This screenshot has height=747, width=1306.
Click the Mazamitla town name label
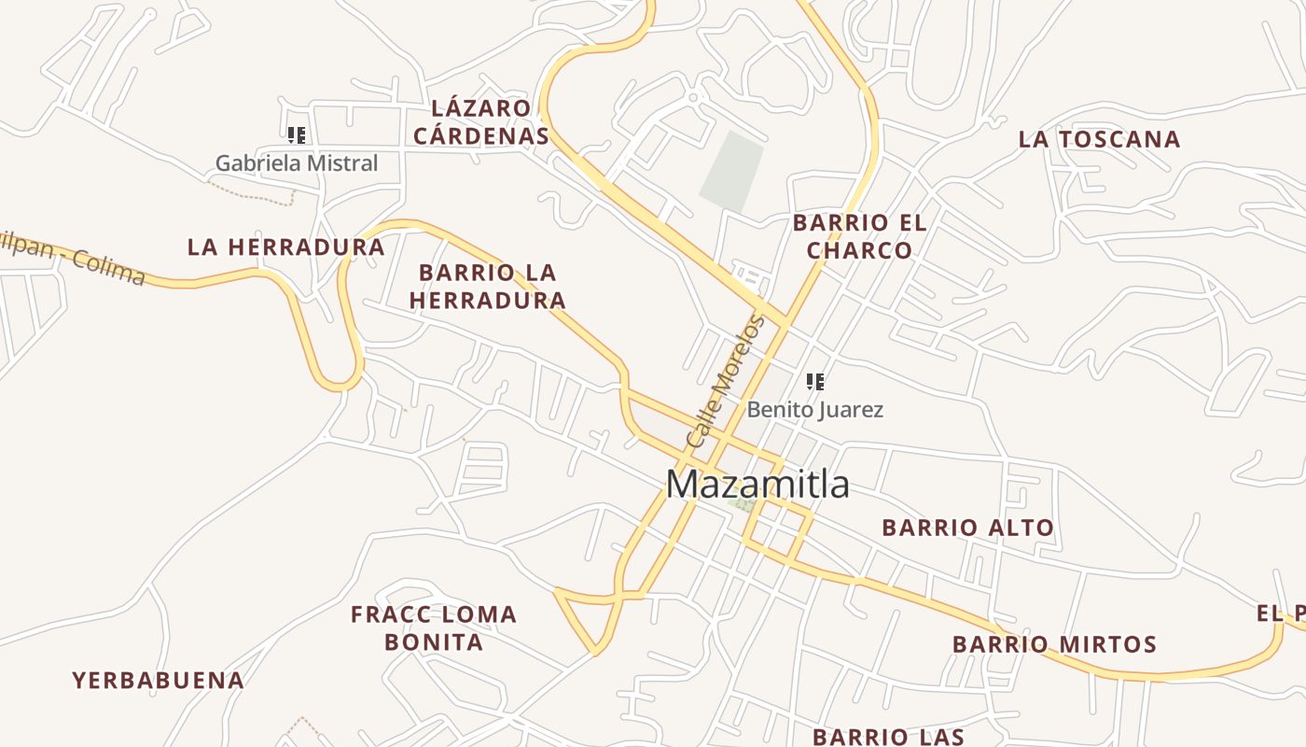(757, 485)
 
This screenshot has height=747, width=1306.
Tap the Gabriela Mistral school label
(297, 163)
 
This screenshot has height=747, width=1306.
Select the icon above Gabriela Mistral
(297, 135)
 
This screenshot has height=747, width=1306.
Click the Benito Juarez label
(814, 409)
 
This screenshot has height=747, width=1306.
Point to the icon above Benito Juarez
(815, 381)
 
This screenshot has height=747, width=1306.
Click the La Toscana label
(1099, 140)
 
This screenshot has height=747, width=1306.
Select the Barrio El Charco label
(859, 236)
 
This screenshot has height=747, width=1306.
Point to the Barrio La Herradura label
(487, 287)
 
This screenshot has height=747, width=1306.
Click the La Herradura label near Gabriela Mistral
(285, 247)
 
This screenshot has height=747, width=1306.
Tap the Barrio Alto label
(967, 528)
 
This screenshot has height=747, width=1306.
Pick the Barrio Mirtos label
(1054, 644)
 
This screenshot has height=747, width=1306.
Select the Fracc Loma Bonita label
(434, 627)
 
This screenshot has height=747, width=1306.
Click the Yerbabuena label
(159, 681)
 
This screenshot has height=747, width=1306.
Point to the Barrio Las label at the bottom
(887, 736)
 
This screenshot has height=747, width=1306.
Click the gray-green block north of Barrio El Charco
(731, 170)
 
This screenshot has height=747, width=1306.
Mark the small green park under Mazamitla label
(743, 504)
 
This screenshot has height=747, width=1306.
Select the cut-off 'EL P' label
(1281, 613)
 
